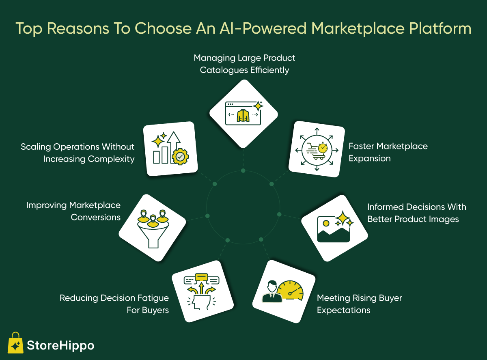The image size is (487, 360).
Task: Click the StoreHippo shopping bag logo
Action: point(15,343)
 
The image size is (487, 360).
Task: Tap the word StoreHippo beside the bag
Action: point(60,346)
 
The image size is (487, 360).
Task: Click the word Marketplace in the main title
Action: point(358,29)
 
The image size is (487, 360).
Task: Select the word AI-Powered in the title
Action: point(263,28)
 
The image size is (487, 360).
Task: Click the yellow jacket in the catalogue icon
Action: point(243,115)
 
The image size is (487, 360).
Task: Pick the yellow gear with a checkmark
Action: point(180,157)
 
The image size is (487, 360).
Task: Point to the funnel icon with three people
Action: point(153,229)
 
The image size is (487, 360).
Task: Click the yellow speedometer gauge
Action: point(290,290)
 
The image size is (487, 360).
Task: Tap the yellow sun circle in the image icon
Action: point(326,223)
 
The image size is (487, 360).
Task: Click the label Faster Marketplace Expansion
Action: point(388,152)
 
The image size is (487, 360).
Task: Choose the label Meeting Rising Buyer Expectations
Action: point(359,304)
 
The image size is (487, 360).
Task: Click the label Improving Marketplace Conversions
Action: point(73,211)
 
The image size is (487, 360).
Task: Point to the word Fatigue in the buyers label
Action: point(153,298)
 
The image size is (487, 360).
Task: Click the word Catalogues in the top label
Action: point(224,70)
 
